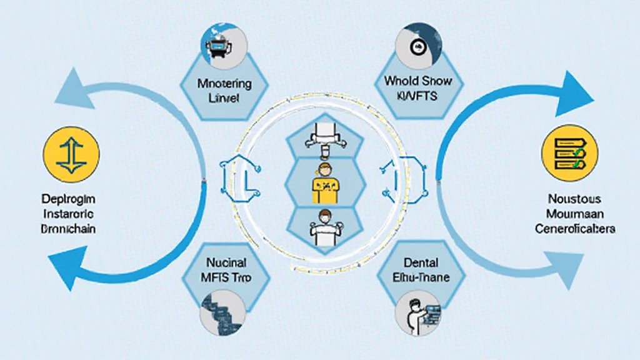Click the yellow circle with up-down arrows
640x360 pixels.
[71, 152]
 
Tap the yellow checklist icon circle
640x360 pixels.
[568, 153]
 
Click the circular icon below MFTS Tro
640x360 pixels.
[222, 314]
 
